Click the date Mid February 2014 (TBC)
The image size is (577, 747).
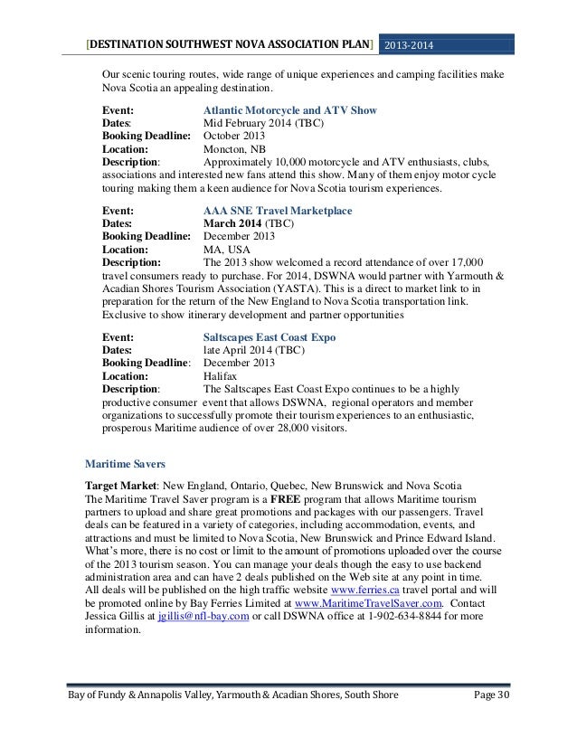[265, 124]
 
